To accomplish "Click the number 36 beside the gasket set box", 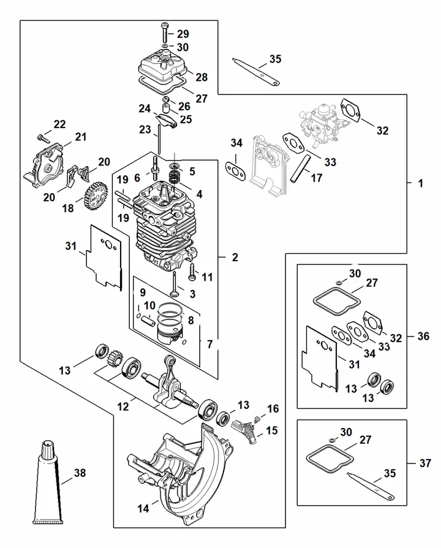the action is [423, 336].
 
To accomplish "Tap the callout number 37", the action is [425, 463].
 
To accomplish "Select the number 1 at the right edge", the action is [421, 183].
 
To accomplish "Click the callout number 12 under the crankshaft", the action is [123, 407].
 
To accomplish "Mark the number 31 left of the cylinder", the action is [71, 246].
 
